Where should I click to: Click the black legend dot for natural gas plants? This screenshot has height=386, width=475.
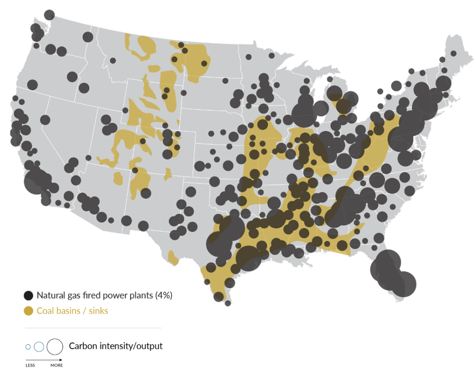point(29,295)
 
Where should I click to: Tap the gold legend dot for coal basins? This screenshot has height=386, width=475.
point(29,310)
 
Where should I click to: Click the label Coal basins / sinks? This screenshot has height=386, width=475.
point(72,310)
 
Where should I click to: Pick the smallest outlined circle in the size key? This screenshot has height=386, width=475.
point(28,347)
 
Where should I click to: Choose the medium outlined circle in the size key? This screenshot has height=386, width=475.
point(39,347)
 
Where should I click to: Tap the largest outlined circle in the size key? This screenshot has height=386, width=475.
point(55,346)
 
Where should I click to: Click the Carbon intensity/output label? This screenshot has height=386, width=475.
point(116,346)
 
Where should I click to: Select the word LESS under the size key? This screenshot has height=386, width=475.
point(30,366)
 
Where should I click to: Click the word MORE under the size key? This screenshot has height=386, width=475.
point(57,366)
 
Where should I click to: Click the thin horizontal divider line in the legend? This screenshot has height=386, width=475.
point(93,328)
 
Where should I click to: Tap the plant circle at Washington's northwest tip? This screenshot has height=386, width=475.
point(49,15)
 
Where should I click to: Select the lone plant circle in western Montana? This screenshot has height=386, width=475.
point(113,60)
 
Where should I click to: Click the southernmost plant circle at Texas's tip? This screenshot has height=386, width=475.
point(228,303)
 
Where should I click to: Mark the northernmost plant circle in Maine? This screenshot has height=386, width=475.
point(453,53)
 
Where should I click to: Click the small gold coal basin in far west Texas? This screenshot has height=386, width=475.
point(173,257)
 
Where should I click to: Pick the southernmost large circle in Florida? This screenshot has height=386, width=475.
point(404,284)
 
